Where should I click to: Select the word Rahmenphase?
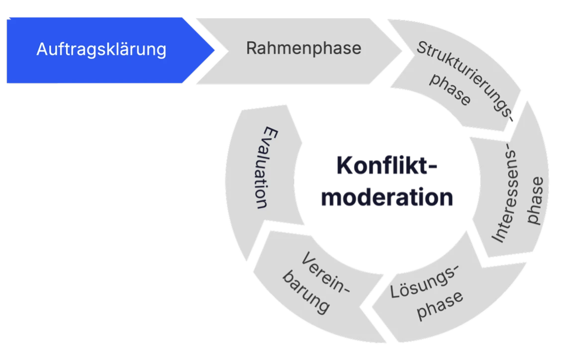pos(303,48)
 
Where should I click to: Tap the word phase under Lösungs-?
pos(440,303)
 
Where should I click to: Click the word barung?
pos(306,293)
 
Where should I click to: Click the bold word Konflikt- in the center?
pos(386,165)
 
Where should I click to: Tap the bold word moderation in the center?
pos(387,197)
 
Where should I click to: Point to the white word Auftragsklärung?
pos(101,50)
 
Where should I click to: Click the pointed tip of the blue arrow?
pos(215,50)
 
